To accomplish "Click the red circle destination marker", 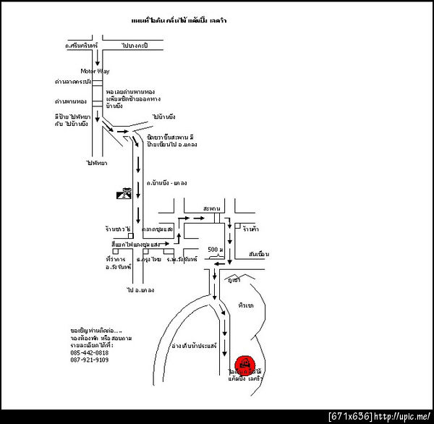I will [245, 362].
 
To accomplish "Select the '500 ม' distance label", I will [214, 250].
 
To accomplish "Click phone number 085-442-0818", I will [90, 352].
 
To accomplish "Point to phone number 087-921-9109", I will [90, 360].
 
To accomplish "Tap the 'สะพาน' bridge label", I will [213, 207].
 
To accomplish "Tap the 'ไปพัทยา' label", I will [96, 163].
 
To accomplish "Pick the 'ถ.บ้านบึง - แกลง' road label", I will [167, 185].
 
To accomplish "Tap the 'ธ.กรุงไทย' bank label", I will [150, 258].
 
